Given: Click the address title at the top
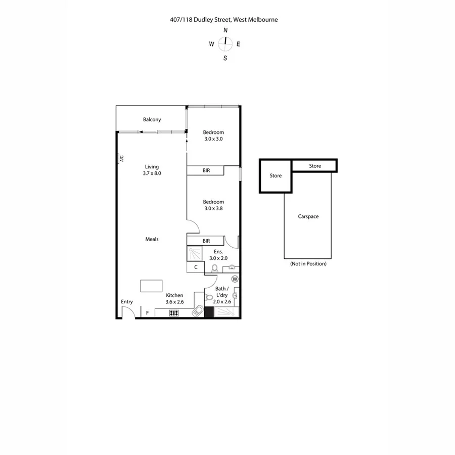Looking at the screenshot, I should (x=224, y=20).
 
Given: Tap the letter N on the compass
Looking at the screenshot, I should (x=225, y=30).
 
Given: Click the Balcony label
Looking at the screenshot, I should (x=152, y=119).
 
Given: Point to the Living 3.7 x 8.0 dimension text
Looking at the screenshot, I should (x=152, y=173).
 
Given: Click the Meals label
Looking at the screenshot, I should (x=152, y=239).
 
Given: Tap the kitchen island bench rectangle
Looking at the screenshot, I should (x=152, y=286).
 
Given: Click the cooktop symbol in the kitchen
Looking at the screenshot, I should (x=174, y=313).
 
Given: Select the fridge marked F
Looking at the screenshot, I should (x=148, y=313).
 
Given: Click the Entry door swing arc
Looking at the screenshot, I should (x=128, y=312).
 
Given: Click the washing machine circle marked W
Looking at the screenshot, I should (x=235, y=279).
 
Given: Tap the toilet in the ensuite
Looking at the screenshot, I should (x=214, y=268).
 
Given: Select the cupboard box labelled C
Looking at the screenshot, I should (x=196, y=267).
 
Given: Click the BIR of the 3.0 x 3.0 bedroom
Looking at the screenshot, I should (x=206, y=171).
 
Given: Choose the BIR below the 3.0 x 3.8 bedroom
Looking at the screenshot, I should (x=206, y=241).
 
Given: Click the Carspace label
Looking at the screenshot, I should (x=308, y=216).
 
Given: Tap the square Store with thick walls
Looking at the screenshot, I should (x=276, y=176).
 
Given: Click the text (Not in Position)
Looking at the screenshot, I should (x=308, y=264).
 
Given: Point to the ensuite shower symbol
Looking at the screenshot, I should (x=195, y=253).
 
